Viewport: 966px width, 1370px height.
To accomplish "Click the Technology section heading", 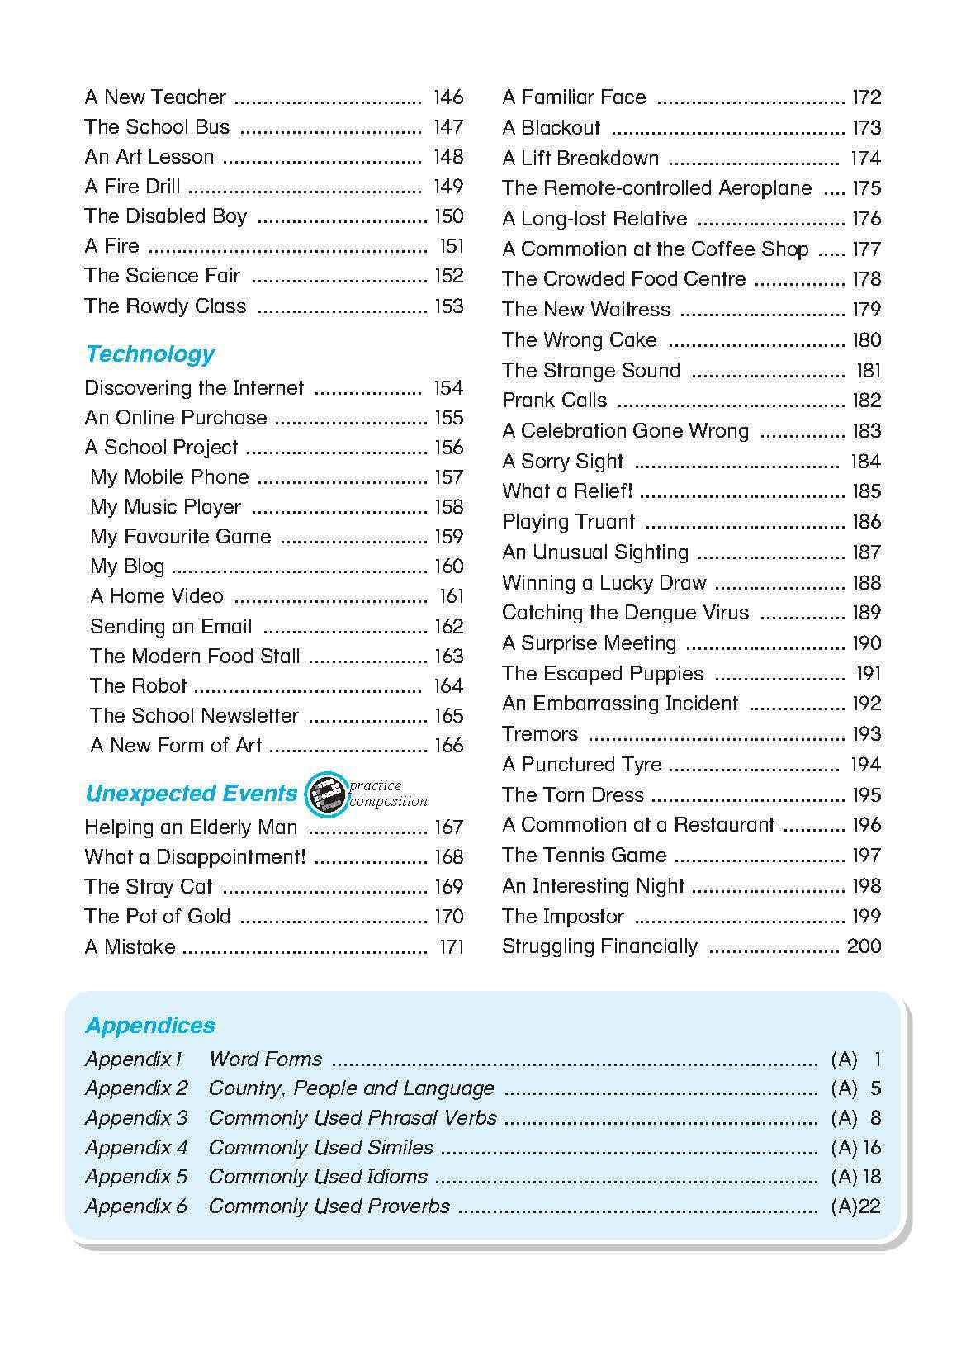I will click(x=149, y=354).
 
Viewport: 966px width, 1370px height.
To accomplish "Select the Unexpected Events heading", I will click(x=191, y=794).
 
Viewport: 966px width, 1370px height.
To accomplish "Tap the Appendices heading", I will click(x=149, y=1025).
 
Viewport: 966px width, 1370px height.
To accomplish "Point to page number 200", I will click(x=864, y=946).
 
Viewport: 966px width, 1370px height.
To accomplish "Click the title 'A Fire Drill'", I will click(x=132, y=187).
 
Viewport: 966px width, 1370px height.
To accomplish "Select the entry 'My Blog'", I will click(x=127, y=566).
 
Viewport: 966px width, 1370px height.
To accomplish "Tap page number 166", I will click(x=448, y=745).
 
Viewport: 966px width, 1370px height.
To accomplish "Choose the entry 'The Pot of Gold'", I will click(x=158, y=917).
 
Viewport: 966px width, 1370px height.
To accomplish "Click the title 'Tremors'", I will click(x=540, y=734).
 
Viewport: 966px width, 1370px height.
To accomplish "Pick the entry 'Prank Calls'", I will click(x=554, y=401).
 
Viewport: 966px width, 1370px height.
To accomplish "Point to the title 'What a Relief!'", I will click(x=567, y=491).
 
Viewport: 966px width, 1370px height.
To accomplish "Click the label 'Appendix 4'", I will click(x=136, y=1147).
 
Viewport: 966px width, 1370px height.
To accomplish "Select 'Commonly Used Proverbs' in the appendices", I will click(x=329, y=1206).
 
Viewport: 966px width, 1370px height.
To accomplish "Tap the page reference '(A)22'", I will click(x=855, y=1206).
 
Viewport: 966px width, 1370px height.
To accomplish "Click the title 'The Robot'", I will click(x=138, y=685).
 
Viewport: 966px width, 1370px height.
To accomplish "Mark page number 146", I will click(x=448, y=97).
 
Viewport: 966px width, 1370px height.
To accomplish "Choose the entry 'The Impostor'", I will click(x=563, y=917).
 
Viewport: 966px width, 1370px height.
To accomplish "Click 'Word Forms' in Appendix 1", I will click(x=265, y=1059).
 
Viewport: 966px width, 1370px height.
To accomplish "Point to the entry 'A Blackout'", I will click(x=552, y=128).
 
